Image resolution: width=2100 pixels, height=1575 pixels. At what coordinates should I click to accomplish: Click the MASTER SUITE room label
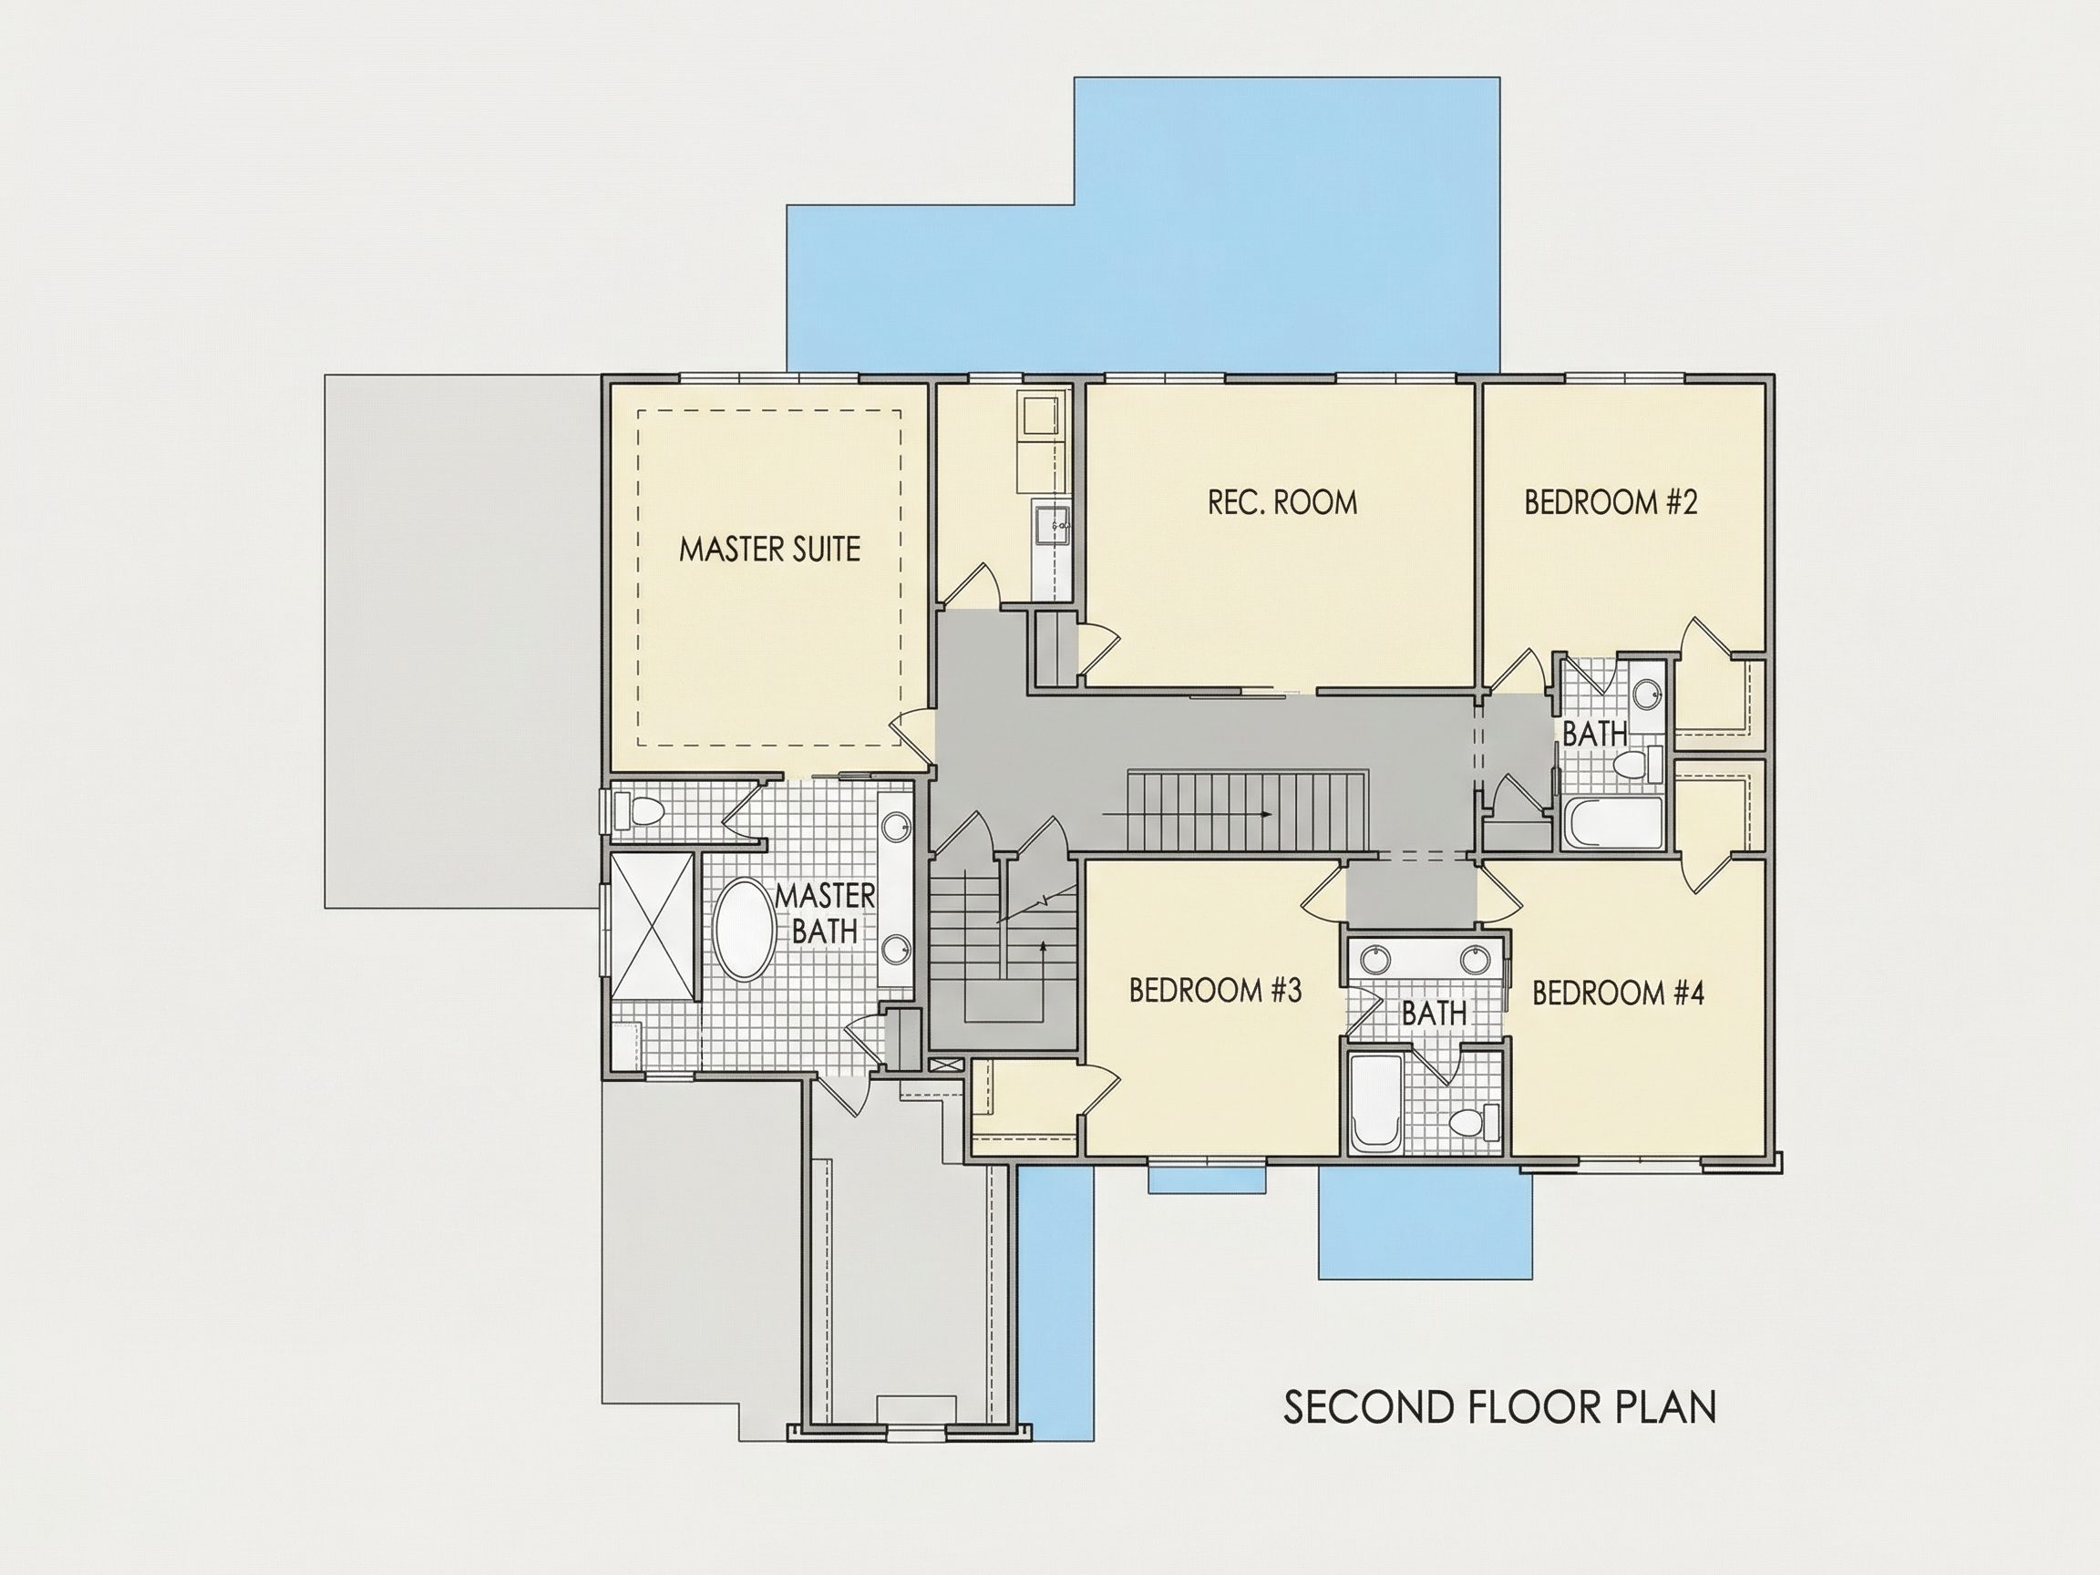click(769, 549)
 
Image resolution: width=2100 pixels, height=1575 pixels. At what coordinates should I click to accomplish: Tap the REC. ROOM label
click(1282, 502)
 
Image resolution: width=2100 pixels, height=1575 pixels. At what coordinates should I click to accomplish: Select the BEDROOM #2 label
click(1611, 502)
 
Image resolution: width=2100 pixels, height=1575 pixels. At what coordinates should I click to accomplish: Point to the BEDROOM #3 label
click(1215, 990)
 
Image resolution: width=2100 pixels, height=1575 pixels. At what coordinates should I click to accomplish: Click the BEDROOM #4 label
click(1619, 993)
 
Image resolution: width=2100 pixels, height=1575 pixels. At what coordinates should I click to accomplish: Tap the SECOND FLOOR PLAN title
click(1500, 1407)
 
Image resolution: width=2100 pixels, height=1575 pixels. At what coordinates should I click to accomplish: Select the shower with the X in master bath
click(653, 926)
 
